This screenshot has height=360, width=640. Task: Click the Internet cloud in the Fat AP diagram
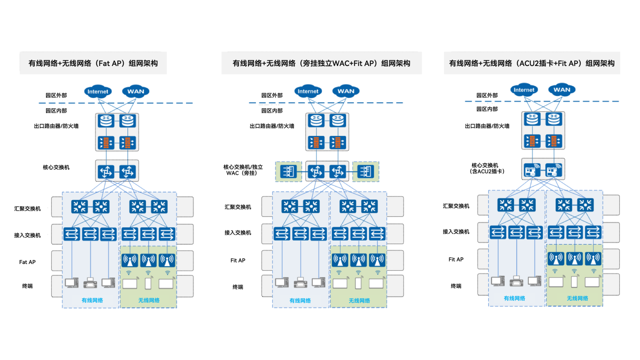point(98,92)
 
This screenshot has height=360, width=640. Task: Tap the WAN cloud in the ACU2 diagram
point(562,90)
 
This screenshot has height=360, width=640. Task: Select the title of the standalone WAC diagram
point(321,63)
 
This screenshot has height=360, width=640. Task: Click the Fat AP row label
point(27,262)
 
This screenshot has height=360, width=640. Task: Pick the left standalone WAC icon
point(288,172)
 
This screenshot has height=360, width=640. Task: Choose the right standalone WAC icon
point(366,172)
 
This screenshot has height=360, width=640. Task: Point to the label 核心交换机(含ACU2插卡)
point(487,168)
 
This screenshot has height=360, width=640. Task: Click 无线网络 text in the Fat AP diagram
point(149,300)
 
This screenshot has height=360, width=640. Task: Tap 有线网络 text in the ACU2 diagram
point(514,298)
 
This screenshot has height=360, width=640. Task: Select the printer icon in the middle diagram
point(300,283)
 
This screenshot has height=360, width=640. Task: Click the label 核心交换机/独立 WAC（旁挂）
point(243,170)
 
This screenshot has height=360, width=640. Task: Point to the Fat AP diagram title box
point(93,63)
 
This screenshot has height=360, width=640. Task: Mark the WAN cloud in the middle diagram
point(346,91)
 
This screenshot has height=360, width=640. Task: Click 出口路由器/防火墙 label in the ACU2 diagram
point(487,126)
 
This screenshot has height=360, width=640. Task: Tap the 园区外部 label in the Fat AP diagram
point(56,95)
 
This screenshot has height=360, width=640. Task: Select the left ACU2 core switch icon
point(532,170)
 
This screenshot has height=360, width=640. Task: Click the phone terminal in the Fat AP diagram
point(148,283)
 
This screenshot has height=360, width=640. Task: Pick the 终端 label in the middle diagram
point(238,287)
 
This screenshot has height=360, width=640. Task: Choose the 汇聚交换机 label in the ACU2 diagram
point(456,206)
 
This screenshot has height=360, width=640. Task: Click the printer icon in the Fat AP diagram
point(90,283)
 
